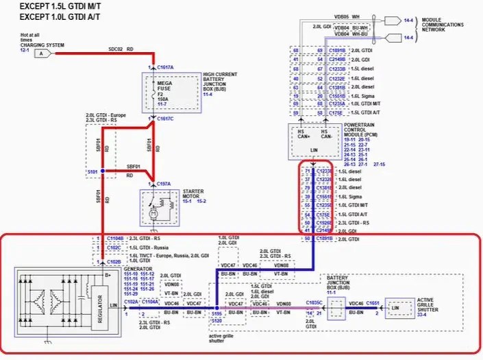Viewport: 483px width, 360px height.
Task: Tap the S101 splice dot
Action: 102,170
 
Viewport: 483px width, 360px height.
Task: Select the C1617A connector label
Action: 165,68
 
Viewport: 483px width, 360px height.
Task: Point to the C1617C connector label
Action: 165,119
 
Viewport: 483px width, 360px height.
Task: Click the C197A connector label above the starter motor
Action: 164,184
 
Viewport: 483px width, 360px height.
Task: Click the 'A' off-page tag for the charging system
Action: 42,53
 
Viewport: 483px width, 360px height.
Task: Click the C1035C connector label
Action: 314,302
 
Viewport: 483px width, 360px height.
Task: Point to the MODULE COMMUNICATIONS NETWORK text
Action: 442,25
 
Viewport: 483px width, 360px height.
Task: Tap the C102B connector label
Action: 114,262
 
